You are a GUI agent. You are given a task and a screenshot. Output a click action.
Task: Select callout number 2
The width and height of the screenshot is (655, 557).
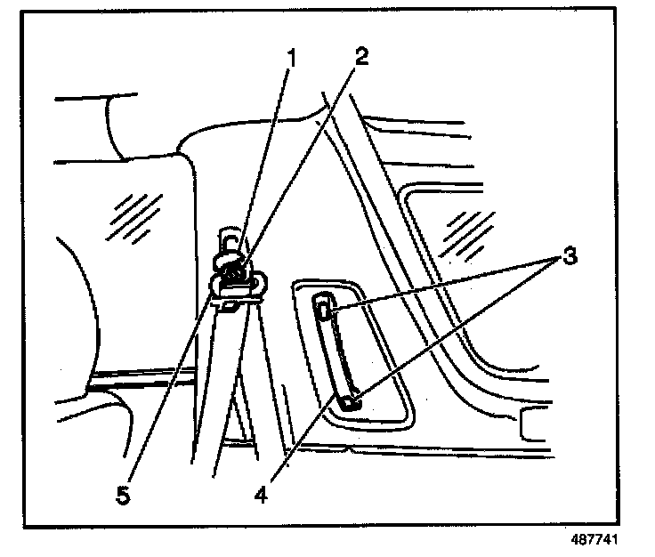pos(360,55)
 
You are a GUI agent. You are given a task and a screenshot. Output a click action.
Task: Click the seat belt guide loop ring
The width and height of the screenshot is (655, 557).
pos(235,284)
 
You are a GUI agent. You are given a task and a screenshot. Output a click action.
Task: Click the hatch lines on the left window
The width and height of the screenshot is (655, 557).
pos(129,214)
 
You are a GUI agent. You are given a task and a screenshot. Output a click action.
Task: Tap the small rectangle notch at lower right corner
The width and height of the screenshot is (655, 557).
pos(531,427)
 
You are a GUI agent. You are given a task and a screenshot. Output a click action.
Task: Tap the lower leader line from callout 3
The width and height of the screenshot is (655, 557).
pos(454,329)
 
